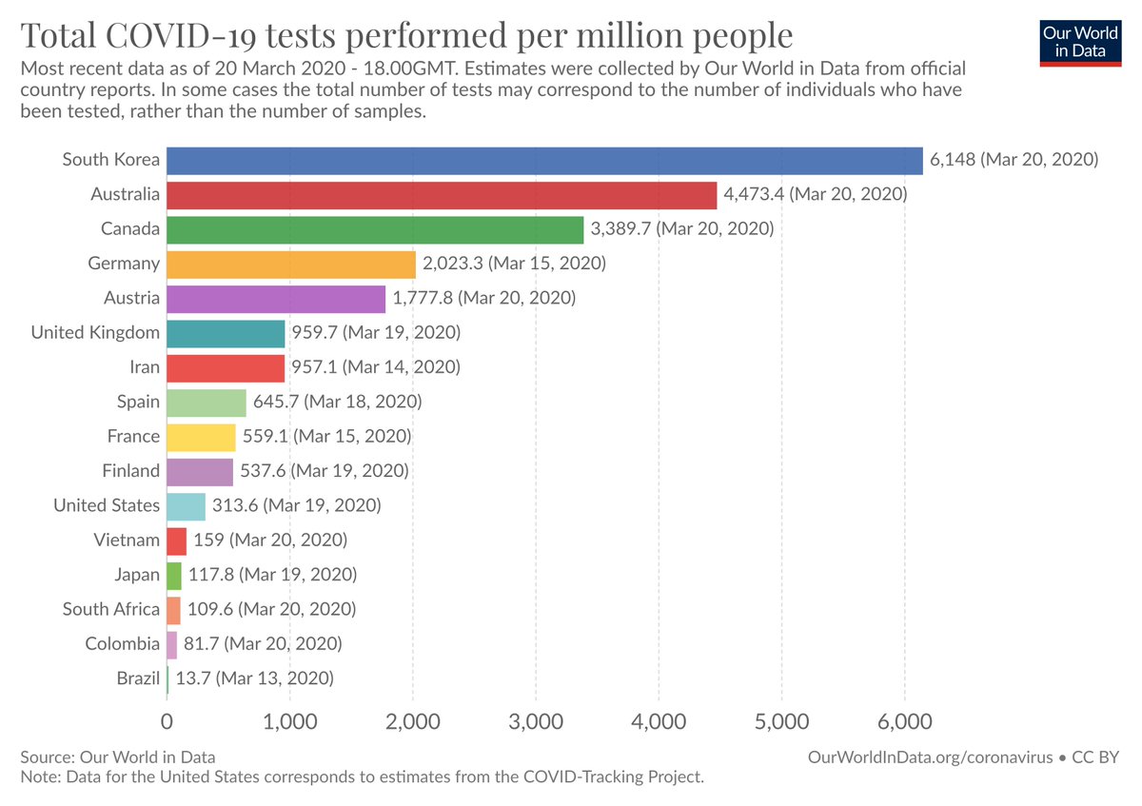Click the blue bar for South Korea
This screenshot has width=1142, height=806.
(544, 160)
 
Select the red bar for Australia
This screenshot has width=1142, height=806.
(442, 195)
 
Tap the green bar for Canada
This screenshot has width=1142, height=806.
(375, 229)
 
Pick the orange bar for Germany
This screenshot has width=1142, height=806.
(291, 264)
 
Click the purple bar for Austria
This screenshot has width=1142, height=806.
(276, 299)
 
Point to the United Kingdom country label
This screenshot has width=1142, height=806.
(95, 333)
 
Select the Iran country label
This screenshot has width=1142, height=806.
(145, 367)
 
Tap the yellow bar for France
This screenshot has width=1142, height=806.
(201, 437)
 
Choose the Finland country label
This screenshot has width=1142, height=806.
(131, 471)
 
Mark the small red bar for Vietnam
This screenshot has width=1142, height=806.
(176, 541)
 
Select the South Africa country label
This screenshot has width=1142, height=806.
(111, 609)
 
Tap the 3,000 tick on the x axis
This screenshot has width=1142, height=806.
(536, 720)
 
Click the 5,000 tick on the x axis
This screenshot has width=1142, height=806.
(781, 720)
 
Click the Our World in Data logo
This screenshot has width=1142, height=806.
(1080, 40)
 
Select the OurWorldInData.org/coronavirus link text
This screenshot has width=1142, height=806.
(930, 757)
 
